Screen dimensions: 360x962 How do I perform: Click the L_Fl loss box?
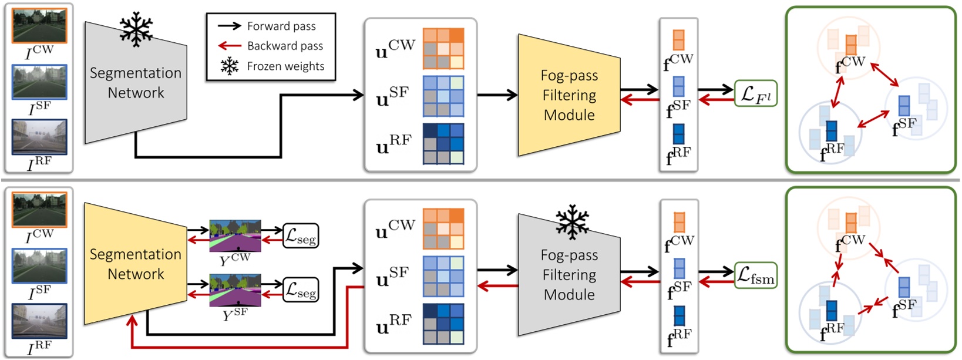(755, 94)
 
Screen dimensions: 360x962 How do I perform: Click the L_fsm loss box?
(756, 275)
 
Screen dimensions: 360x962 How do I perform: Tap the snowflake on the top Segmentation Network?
(136, 29)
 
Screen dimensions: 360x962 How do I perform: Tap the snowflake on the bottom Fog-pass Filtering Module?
(572, 222)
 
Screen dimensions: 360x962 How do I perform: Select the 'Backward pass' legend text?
(285, 46)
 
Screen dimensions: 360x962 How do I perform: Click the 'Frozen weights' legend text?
(285, 66)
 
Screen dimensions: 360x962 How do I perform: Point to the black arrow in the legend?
(229, 26)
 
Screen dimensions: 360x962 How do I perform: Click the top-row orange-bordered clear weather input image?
(39, 26)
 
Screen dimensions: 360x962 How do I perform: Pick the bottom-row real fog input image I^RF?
(39, 321)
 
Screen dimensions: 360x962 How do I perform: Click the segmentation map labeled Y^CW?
(235, 236)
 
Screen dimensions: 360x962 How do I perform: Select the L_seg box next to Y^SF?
(301, 290)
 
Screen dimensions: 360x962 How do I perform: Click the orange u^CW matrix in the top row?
(443, 48)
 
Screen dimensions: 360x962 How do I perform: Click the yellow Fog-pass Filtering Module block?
(569, 95)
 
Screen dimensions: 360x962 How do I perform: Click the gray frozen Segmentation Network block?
(135, 83)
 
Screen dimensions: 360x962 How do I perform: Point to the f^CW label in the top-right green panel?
(850, 64)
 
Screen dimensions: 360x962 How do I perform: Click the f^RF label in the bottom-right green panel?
(832, 333)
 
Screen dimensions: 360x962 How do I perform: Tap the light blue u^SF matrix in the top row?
(443, 96)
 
